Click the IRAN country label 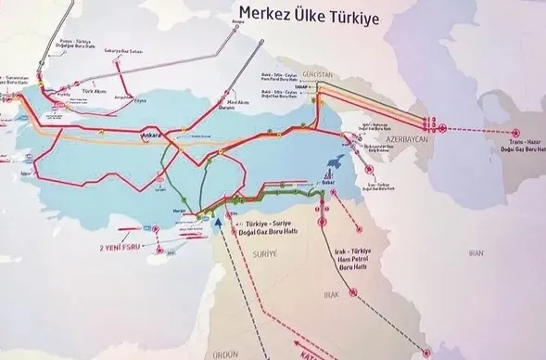click(476, 252)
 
